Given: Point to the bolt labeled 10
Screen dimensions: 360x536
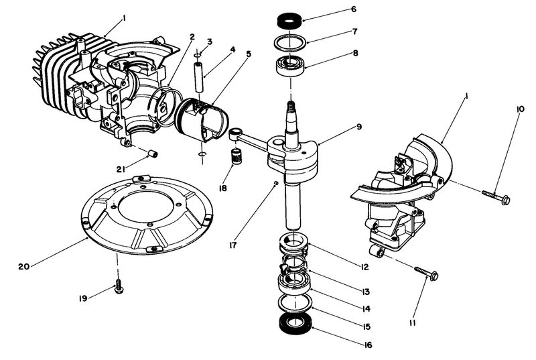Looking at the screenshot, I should pos(495,196).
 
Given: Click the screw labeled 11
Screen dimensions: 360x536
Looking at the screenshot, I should pos(426,272).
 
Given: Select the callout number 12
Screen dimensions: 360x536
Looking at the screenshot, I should pos(365,267).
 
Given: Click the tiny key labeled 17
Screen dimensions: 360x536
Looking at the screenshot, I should pos(275,183).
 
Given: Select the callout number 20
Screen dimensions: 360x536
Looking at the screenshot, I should pos(23,265).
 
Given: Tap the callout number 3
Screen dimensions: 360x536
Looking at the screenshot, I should pos(209,42).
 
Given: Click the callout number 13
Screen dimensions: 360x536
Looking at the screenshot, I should pos(365,292).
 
